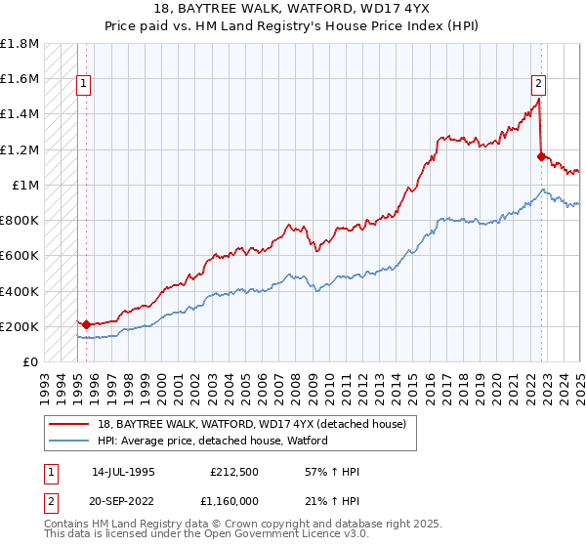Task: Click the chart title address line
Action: (x=293, y=10)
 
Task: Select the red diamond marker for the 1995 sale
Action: (x=86, y=324)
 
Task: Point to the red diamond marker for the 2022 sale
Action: (x=541, y=155)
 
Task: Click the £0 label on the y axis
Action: (x=31, y=362)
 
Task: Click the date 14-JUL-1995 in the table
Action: (x=124, y=472)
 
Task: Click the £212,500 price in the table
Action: (x=232, y=472)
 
